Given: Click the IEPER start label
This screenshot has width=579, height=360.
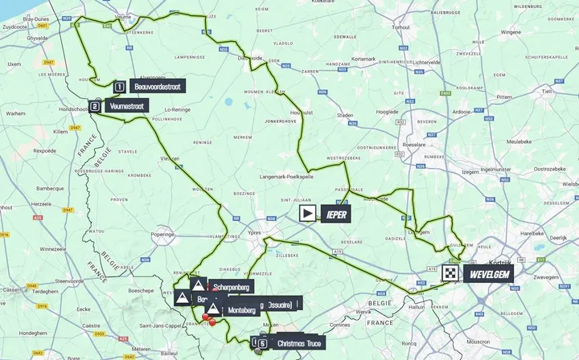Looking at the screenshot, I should tap(335, 213).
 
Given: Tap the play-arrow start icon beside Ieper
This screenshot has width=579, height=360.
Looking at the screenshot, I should tap(308, 213).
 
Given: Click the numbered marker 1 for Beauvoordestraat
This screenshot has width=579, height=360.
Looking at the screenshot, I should tap(118, 86).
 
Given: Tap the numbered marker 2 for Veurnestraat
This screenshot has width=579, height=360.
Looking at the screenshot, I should tap(94, 105).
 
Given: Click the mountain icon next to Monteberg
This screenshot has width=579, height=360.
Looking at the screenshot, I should tap(212, 308).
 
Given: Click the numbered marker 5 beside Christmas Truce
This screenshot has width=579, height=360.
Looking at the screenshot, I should tap(263, 343).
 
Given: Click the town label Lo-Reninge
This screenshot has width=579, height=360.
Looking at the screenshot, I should tap(177, 110).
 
